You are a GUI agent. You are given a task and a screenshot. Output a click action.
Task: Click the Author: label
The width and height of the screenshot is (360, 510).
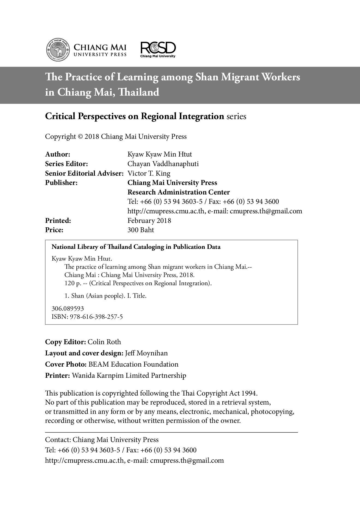pyautogui.click(x=58, y=154)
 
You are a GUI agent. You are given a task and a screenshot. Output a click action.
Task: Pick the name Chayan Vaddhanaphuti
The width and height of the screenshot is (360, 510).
pyautogui.click(x=163, y=164)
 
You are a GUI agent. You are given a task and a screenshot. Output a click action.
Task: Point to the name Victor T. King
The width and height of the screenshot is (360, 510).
pyautogui.click(x=149, y=173)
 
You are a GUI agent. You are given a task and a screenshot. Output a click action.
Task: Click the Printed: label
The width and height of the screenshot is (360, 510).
pyautogui.click(x=58, y=220)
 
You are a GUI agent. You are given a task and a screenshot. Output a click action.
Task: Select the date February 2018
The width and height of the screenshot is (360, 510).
pyautogui.click(x=149, y=220)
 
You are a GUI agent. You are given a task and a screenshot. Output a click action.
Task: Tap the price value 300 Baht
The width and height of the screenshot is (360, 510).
pyautogui.click(x=141, y=230)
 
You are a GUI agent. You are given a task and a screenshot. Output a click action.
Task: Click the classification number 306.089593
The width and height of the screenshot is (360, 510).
pyautogui.click(x=68, y=308)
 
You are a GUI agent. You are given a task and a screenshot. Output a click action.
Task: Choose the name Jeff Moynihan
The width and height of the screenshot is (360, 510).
pyautogui.click(x=146, y=353)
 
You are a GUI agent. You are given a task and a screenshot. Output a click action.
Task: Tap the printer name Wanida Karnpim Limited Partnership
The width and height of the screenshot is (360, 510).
pyautogui.click(x=129, y=376)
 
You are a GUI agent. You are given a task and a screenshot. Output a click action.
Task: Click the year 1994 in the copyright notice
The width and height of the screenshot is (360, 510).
pyautogui.click(x=249, y=393)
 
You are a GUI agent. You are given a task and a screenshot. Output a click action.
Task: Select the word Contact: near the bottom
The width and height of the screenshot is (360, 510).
pyautogui.click(x=58, y=440)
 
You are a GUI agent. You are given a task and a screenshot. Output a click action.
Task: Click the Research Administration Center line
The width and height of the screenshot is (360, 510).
pyautogui.click(x=178, y=192)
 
